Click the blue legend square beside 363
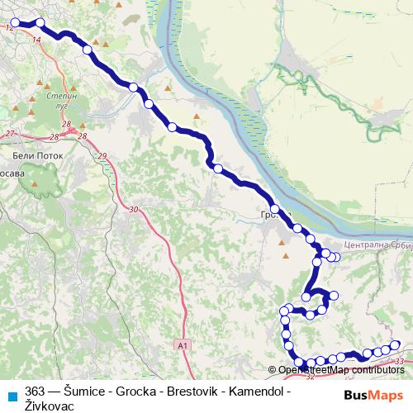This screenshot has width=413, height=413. (13, 393)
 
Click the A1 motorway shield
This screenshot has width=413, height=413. (182, 344)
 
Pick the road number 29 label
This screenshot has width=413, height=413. (102, 156)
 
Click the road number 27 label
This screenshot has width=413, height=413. (10, 134)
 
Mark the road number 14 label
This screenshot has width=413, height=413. (36, 39)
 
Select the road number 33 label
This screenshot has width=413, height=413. (400, 361)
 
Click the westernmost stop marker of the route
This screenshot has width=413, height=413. (14, 23)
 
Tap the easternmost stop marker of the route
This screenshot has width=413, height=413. (395, 345)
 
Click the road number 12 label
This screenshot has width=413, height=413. (8, 28)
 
